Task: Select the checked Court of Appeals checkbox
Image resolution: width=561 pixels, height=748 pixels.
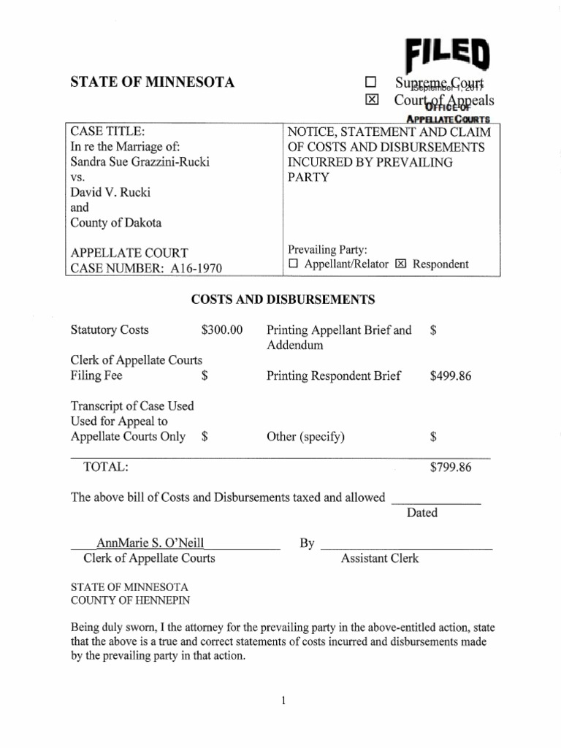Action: (372, 100)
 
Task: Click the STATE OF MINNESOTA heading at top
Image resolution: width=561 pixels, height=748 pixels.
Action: (152, 83)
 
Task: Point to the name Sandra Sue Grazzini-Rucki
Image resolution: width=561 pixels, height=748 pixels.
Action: (140, 161)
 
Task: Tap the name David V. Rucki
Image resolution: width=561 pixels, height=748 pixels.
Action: (110, 192)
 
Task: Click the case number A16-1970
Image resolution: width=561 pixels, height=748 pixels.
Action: (195, 268)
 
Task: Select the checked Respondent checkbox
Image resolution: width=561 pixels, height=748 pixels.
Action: (400, 264)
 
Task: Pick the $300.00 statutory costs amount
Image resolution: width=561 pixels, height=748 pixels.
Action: (221, 330)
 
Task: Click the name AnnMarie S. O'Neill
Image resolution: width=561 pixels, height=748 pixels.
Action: (150, 543)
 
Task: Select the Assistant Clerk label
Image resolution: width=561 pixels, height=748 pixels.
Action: (380, 559)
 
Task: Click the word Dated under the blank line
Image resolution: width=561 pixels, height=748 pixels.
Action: (422, 513)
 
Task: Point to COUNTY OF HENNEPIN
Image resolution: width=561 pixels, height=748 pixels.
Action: (129, 600)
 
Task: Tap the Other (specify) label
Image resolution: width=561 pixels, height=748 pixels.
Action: (305, 438)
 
